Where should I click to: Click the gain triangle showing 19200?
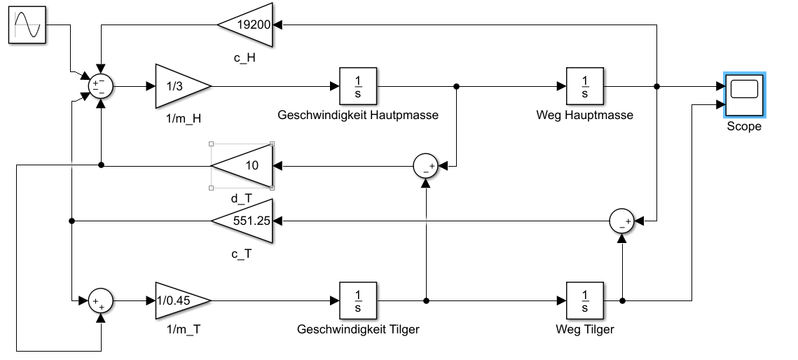(247, 25)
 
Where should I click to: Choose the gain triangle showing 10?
(245, 166)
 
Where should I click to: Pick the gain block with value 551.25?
(245, 221)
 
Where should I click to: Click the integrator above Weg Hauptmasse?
(584, 87)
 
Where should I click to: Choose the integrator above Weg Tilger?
(584, 300)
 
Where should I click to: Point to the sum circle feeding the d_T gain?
(425, 166)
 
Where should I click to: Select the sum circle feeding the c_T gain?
(621, 221)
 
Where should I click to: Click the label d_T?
(240, 198)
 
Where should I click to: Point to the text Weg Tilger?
(584, 329)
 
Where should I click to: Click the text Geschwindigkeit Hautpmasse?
(358, 116)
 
